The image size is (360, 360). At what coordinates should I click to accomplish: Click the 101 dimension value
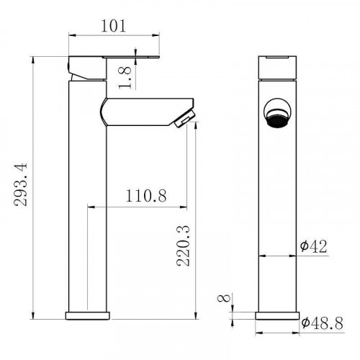[x=114, y=27]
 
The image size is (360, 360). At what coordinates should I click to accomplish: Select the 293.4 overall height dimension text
[x=22, y=184]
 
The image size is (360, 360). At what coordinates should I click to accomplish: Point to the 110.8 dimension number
[x=136, y=197]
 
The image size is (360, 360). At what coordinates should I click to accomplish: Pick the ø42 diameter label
[x=314, y=246]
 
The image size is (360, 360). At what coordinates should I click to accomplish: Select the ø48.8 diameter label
[x=321, y=324]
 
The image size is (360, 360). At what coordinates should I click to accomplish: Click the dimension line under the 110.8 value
[x=136, y=207]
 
